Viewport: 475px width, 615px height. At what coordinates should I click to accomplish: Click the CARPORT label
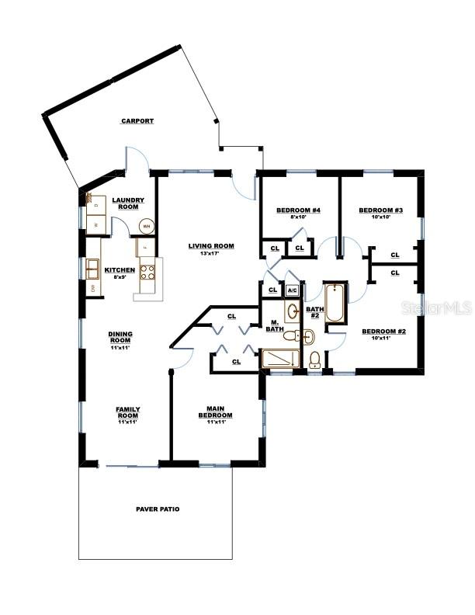(137, 121)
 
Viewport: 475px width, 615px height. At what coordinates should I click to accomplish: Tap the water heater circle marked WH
(146, 227)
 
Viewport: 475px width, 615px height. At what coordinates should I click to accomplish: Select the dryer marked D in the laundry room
(98, 204)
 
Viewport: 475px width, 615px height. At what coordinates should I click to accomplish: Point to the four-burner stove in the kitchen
(147, 272)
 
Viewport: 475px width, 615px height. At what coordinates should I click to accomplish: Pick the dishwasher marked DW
(93, 289)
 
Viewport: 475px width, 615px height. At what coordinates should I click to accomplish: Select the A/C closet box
(292, 290)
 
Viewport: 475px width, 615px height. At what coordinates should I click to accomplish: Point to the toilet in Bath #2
(315, 359)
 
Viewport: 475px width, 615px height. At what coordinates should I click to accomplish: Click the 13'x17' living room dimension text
(211, 253)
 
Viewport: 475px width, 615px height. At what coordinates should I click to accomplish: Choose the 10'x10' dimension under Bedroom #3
(380, 217)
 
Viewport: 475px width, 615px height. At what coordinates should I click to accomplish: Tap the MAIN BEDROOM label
(215, 412)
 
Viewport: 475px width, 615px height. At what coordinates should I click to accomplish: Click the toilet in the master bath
(291, 337)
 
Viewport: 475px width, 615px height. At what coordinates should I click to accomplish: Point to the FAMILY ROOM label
(127, 412)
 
